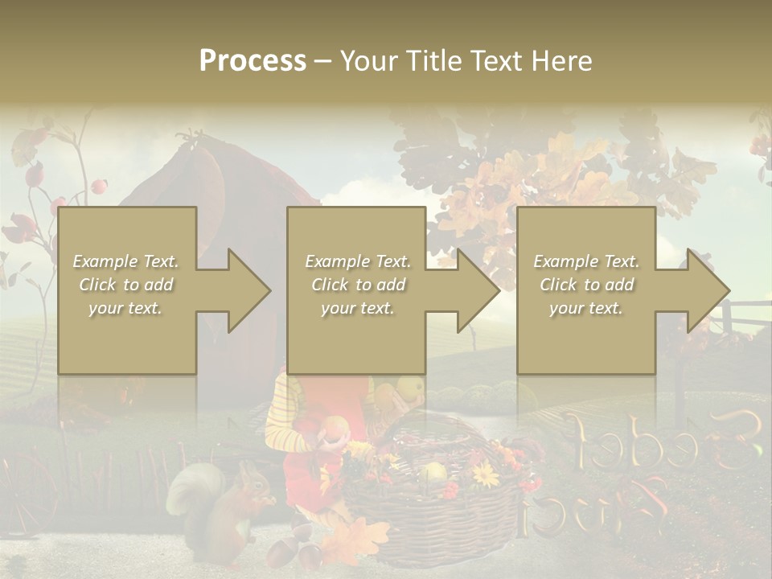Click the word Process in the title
253,61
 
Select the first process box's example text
125,285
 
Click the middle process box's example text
358,285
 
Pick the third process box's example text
586,285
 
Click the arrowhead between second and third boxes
478,290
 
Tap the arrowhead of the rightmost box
708,290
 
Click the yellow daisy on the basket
485,475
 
